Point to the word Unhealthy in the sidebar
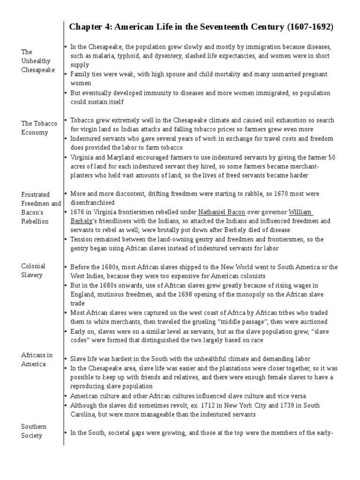coord(36,61)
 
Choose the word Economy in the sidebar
coord(35,133)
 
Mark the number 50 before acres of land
coord(331,157)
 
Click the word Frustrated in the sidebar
coord(36,195)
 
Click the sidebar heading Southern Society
coord(34,431)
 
